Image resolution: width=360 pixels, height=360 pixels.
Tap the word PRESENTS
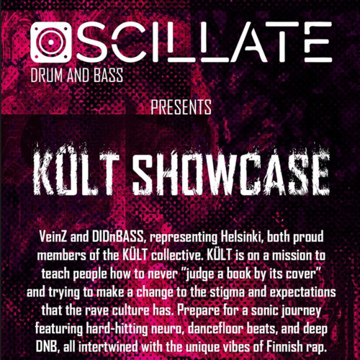click(x=181, y=109)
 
